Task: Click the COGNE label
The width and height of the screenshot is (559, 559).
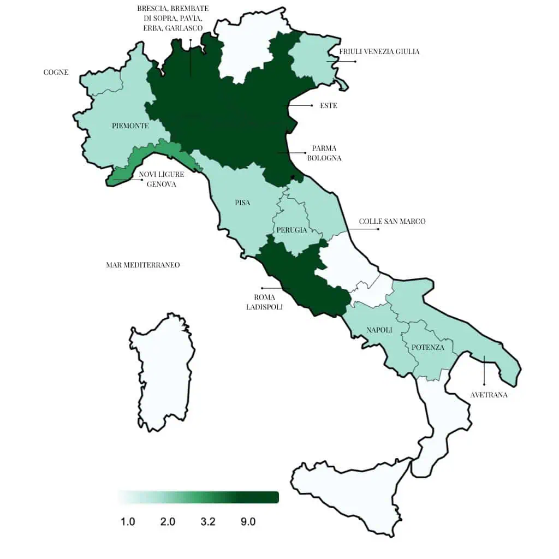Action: click(x=56, y=72)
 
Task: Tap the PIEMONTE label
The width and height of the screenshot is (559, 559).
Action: click(x=130, y=126)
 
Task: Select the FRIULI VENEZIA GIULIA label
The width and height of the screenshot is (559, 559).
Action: click(x=379, y=52)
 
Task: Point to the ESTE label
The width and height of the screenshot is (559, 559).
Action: click(x=328, y=105)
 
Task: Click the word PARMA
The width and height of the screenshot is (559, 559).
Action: click(x=324, y=148)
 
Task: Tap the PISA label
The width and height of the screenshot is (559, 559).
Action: click(x=242, y=203)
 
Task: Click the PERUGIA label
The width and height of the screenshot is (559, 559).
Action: click(x=292, y=230)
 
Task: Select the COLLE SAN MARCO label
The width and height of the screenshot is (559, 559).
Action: click(x=392, y=221)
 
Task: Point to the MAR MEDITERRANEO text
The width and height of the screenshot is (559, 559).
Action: click(x=143, y=265)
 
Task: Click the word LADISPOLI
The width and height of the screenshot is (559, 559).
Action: click(x=265, y=307)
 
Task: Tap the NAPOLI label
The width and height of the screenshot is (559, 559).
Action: click(x=379, y=330)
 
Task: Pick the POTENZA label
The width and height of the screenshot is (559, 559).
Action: click(x=427, y=347)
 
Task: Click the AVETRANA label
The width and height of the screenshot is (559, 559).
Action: click(x=489, y=395)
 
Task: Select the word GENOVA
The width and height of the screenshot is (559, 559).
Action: click(x=161, y=184)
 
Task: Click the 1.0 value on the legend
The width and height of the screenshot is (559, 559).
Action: click(x=128, y=522)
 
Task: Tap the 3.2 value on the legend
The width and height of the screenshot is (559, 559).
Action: click(x=208, y=522)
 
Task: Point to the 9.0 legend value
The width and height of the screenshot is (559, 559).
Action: click(x=248, y=522)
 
